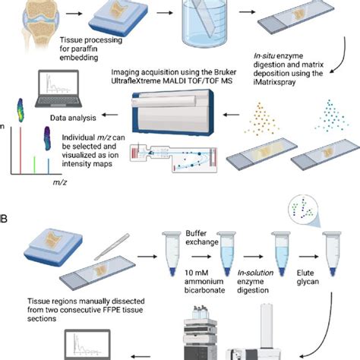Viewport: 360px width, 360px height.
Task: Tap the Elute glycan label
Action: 312,283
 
